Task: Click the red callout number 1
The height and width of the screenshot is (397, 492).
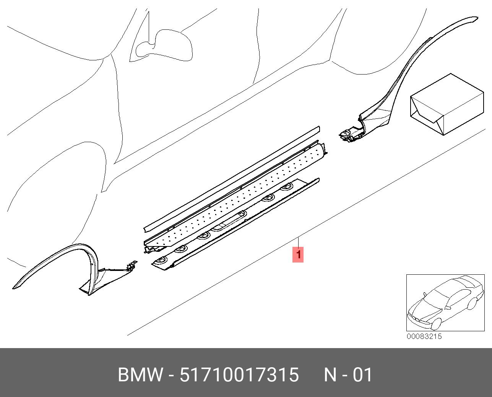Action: tap(298, 255)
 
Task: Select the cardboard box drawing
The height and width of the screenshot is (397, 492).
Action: tap(447, 104)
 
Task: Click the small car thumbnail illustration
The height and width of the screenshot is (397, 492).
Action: tap(445, 303)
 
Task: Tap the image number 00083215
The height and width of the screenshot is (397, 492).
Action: tap(424, 336)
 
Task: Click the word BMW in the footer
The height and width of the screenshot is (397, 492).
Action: tap(140, 375)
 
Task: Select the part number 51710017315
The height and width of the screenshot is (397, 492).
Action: tap(239, 375)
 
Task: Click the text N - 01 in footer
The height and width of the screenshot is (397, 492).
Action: tap(348, 375)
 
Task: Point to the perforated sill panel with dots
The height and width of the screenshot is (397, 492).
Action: tap(235, 199)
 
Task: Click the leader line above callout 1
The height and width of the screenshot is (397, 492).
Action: tap(299, 242)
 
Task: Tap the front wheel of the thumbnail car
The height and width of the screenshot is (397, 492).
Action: tap(436, 323)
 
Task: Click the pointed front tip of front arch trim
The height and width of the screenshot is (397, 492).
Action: tap(13, 288)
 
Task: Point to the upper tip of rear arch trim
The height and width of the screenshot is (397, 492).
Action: tap(477, 18)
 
